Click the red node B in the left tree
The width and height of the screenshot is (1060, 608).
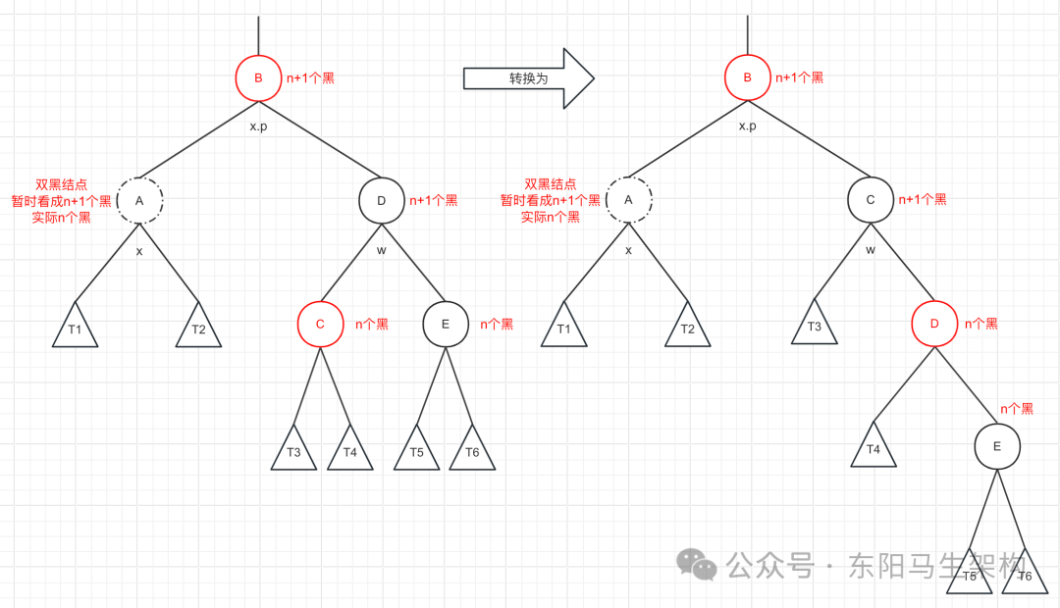pyautogui.click(x=258, y=78)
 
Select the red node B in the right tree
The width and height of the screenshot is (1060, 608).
pyautogui.click(x=747, y=78)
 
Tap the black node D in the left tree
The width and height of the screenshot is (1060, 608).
pyautogui.click(x=382, y=201)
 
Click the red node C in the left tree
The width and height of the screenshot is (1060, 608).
pyautogui.click(x=321, y=324)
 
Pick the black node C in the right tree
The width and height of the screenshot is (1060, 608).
pyautogui.click(x=871, y=200)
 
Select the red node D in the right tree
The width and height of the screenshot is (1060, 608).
pyautogui.click(x=933, y=324)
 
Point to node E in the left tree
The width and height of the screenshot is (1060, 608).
pyautogui.click(x=446, y=324)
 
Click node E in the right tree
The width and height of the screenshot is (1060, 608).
pyautogui.click(x=997, y=446)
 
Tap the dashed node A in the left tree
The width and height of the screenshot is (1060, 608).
pyautogui.click(x=139, y=200)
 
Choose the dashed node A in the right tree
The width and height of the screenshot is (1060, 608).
pyautogui.click(x=629, y=200)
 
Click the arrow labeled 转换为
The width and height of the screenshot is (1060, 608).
pyautogui.click(x=528, y=78)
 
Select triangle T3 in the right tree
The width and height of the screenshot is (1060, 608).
pyautogui.click(x=815, y=327)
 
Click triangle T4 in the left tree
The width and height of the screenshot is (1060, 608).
pyautogui.click(x=350, y=452)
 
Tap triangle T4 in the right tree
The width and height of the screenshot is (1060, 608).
pyautogui.click(x=874, y=449)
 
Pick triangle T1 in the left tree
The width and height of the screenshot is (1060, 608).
pyautogui.click(x=76, y=329)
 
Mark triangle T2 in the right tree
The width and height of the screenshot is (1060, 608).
pyautogui.click(x=687, y=329)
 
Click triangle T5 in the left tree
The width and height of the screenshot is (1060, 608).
pyautogui.click(x=417, y=452)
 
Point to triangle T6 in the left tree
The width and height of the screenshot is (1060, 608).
pyautogui.click(x=472, y=452)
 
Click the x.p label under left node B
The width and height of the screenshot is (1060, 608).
pyautogui.click(x=258, y=127)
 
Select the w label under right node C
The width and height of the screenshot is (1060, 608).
pyautogui.click(x=870, y=249)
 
